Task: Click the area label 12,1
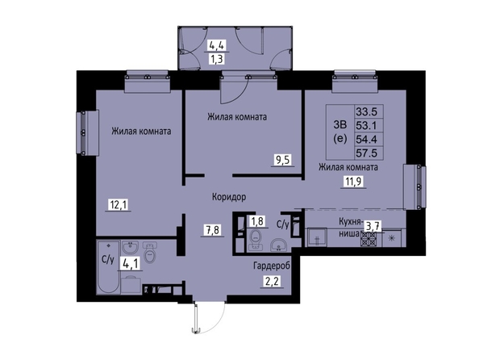(x=119, y=205)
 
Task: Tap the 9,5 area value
(x=283, y=160)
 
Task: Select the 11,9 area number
(x=353, y=182)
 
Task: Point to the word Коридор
(x=229, y=197)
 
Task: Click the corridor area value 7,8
(x=213, y=230)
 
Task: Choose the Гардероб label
(x=272, y=266)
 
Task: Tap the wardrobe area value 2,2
(x=272, y=281)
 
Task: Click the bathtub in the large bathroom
(x=108, y=267)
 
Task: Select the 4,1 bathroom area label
(x=131, y=263)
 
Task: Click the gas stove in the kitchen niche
(x=369, y=239)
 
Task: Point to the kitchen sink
(x=316, y=237)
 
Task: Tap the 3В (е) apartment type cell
(x=340, y=132)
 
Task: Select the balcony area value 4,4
(x=217, y=45)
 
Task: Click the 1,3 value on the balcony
(x=217, y=58)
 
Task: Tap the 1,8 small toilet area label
(x=257, y=221)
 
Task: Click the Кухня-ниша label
(x=350, y=228)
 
